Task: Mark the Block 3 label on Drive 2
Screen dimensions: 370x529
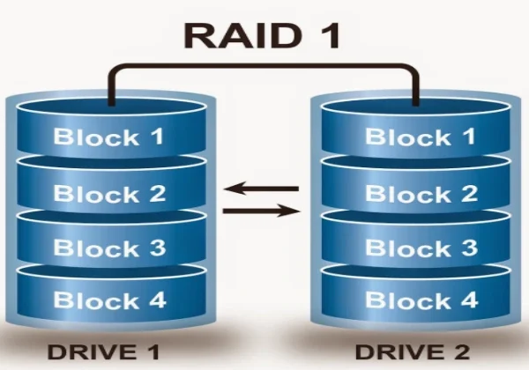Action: tap(421, 248)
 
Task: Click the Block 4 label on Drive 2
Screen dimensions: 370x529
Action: tap(421, 300)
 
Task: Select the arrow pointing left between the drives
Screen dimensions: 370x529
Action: tap(262, 188)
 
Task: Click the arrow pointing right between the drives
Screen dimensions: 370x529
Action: tap(262, 211)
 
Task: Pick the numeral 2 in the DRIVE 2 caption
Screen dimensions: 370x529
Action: tap(466, 352)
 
